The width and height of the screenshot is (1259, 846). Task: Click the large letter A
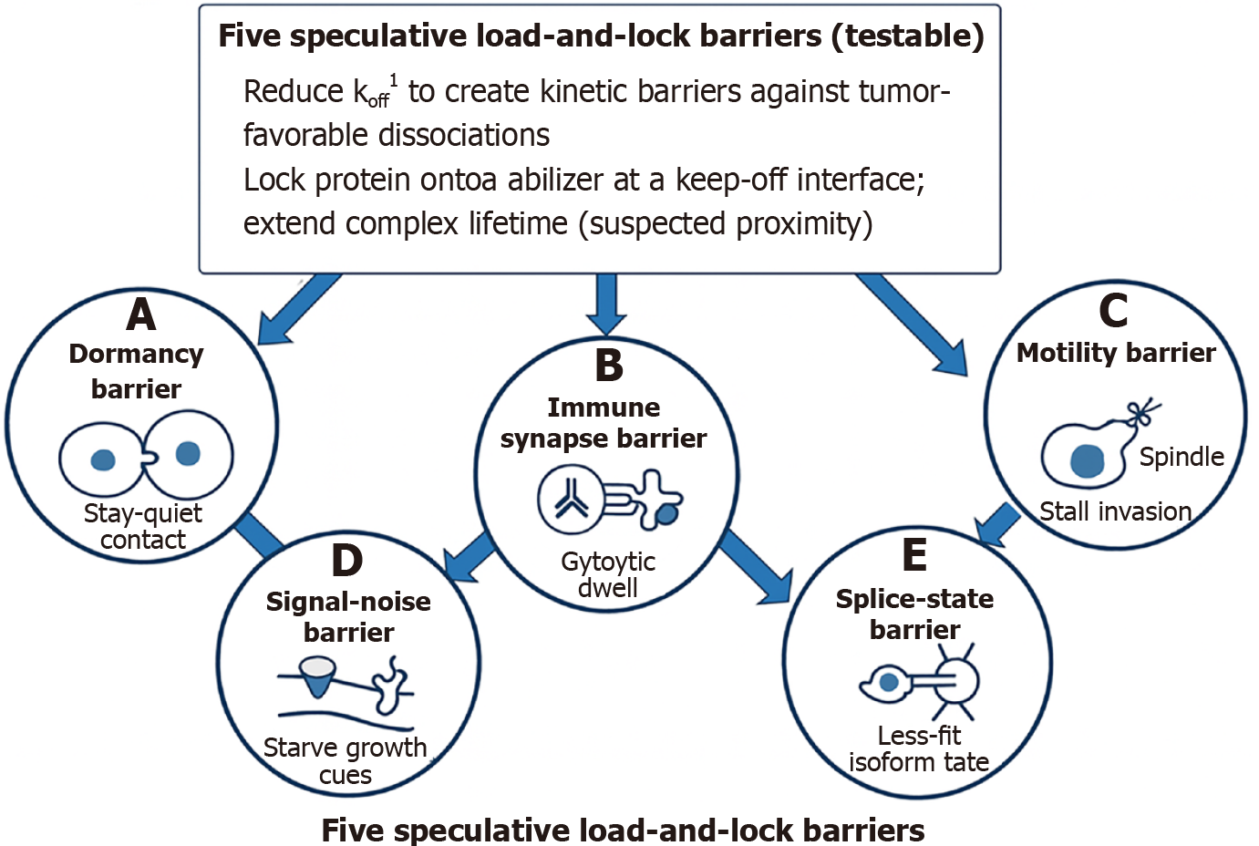141,315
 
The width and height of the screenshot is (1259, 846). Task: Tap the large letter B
609,366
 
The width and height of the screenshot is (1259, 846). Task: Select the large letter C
1113,311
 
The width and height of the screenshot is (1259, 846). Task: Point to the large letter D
347,561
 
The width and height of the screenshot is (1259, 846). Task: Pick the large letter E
914,555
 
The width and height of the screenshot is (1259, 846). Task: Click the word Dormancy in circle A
137,354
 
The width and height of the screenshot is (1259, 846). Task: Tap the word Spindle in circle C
1182,457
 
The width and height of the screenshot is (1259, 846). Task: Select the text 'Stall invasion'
1116,511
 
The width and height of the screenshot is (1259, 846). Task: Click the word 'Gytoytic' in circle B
608,562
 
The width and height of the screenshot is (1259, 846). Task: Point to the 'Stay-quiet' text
143,513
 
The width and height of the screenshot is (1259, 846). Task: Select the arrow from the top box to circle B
606,304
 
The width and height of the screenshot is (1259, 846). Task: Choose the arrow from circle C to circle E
997,523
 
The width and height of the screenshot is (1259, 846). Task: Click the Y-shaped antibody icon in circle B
571,500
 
